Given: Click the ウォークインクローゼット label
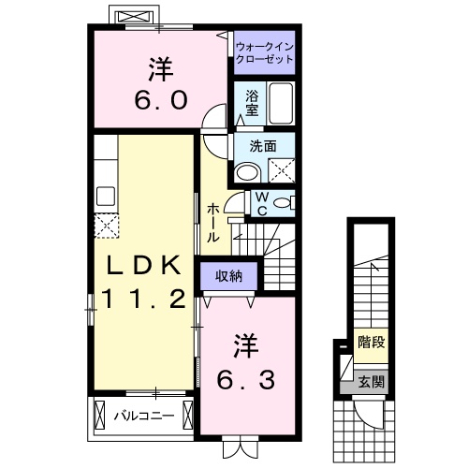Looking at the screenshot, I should [x=264, y=51].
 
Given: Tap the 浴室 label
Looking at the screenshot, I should [x=253, y=102].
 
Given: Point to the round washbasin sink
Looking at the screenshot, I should [x=247, y=172].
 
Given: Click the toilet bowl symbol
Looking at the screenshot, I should [x=285, y=202].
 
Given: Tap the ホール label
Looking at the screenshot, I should [x=214, y=223].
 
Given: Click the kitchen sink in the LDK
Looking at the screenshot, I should [x=105, y=197].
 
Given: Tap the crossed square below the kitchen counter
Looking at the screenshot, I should [x=106, y=226].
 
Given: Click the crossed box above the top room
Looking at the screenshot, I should [x=130, y=17].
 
